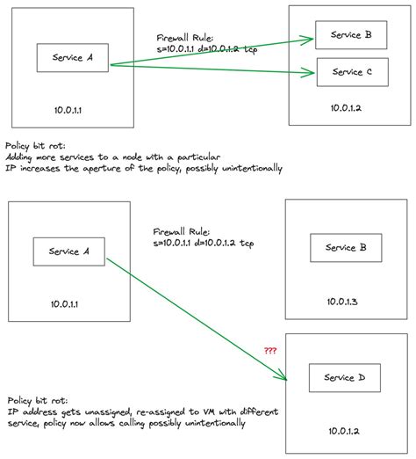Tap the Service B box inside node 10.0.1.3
pos(346,248)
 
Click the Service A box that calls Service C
pos(73,59)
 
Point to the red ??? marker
pos(271,350)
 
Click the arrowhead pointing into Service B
pos(311,38)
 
